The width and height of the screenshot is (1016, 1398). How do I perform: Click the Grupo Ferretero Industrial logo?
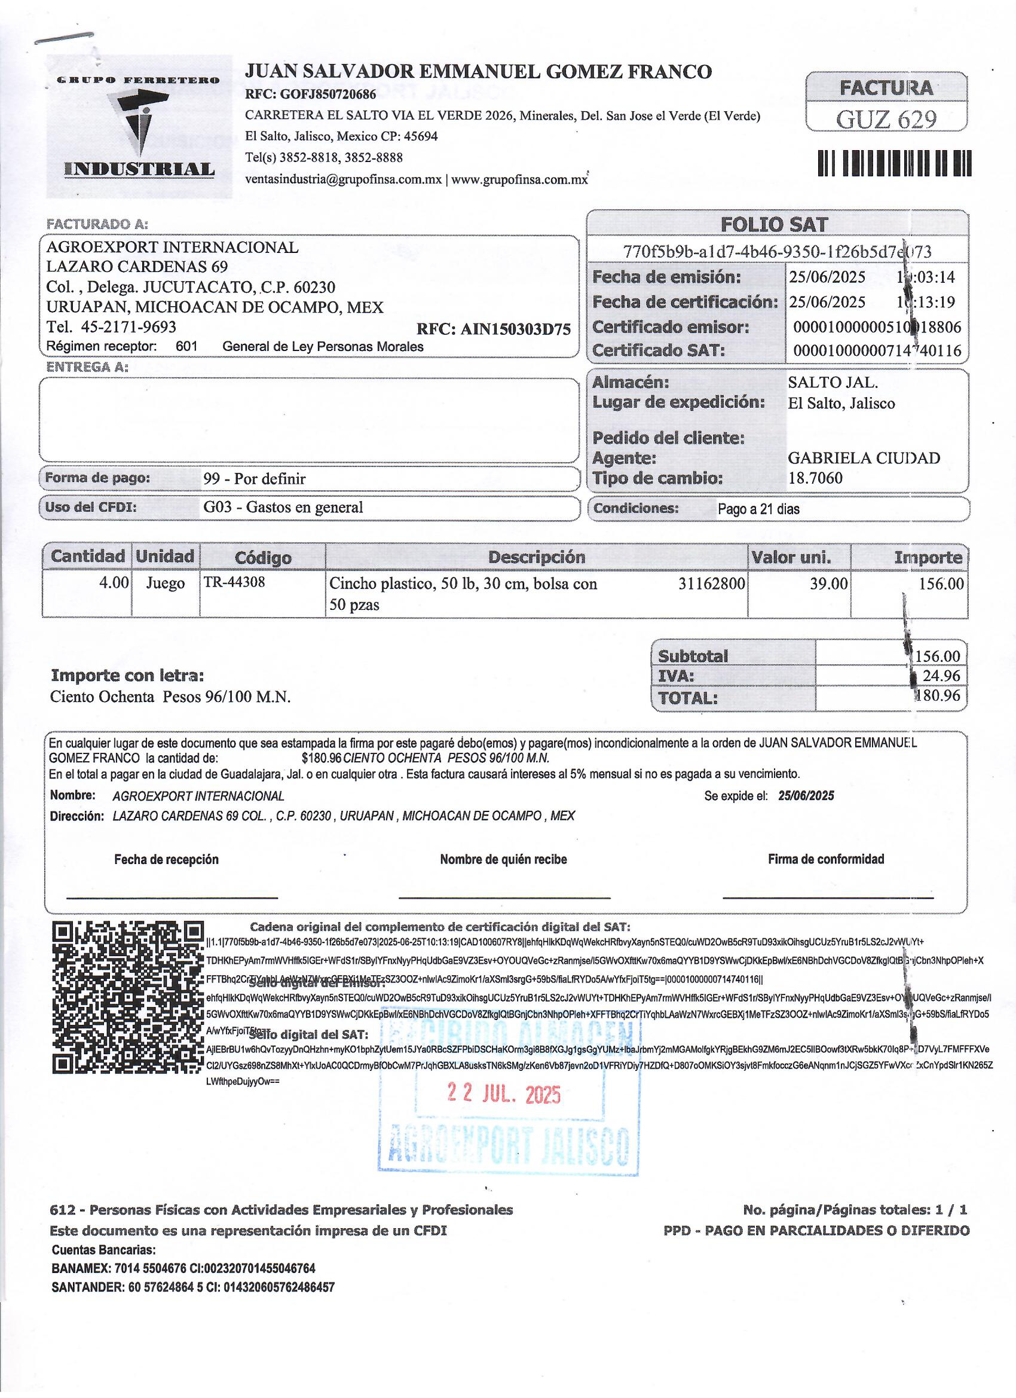tap(139, 126)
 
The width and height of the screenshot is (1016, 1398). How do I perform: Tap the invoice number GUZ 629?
tap(885, 120)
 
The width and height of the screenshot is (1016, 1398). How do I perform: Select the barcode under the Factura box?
tap(894, 163)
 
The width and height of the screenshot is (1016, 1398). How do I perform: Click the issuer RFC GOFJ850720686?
tap(311, 94)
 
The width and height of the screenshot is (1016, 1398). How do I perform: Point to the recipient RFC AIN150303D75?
tap(494, 328)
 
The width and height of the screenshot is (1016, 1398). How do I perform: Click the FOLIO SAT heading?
tap(774, 224)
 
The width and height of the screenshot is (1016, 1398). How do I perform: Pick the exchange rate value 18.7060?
tap(815, 478)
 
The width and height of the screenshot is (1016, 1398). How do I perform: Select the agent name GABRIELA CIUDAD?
tap(864, 458)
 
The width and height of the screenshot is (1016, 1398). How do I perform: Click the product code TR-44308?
tap(234, 582)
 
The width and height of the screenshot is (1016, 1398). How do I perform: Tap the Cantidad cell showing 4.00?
tap(114, 582)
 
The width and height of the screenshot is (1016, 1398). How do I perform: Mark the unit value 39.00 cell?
tap(829, 583)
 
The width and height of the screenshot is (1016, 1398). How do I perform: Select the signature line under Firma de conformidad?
tap(828, 898)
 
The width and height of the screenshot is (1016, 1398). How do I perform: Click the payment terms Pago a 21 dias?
tap(758, 509)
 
